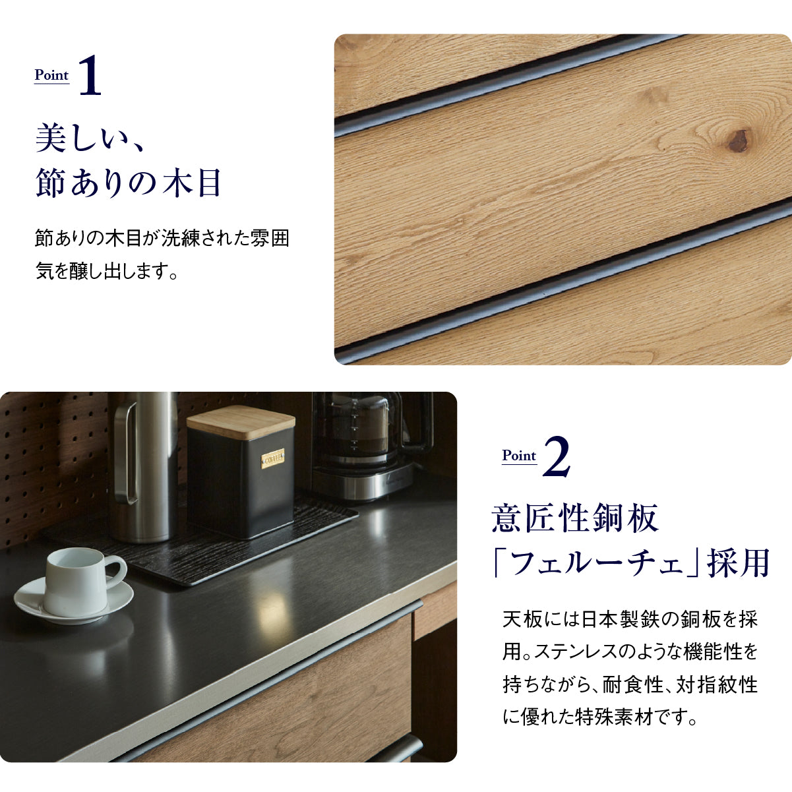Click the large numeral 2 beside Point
click(557, 456)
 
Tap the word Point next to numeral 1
click(51, 75)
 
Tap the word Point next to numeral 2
click(519, 456)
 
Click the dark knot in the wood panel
click(739, 141)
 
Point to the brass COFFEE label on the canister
click(272, 459)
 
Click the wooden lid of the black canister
click(241, 422)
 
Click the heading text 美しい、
click(90, 138)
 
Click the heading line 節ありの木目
click(129, 183)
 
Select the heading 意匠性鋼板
click(575, 518)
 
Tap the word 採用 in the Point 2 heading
click(738, 563)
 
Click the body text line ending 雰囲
click(162, 238)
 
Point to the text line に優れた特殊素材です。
click(599, 717)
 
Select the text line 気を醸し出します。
click(107, 271)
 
